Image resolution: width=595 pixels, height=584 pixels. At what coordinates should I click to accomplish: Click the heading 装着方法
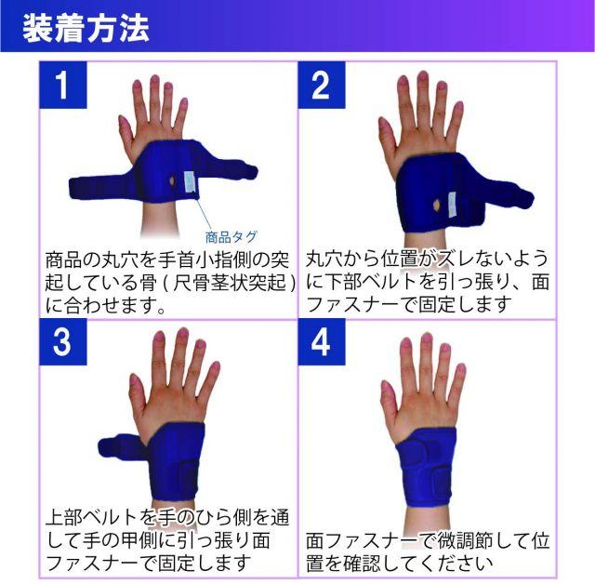(x=86, y=29)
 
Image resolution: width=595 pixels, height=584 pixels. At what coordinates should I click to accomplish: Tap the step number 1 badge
(x=63, y=85)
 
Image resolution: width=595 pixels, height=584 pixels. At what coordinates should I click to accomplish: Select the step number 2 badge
(x=322, y=85)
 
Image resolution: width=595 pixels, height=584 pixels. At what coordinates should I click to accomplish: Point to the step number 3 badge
(x=63, y=342)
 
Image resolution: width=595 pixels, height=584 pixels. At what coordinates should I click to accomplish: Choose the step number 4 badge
(x=322, y=342)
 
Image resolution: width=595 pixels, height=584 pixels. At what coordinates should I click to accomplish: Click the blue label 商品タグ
(x=231, y=237)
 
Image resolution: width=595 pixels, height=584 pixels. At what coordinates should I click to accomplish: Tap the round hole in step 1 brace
(x=172, y=181)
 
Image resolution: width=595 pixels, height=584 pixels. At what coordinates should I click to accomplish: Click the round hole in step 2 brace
(x=437, y=206)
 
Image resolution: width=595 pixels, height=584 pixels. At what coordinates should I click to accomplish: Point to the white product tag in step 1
(x=190, y=181)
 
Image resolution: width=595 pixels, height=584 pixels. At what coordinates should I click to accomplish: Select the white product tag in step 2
(x=452, y=205)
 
